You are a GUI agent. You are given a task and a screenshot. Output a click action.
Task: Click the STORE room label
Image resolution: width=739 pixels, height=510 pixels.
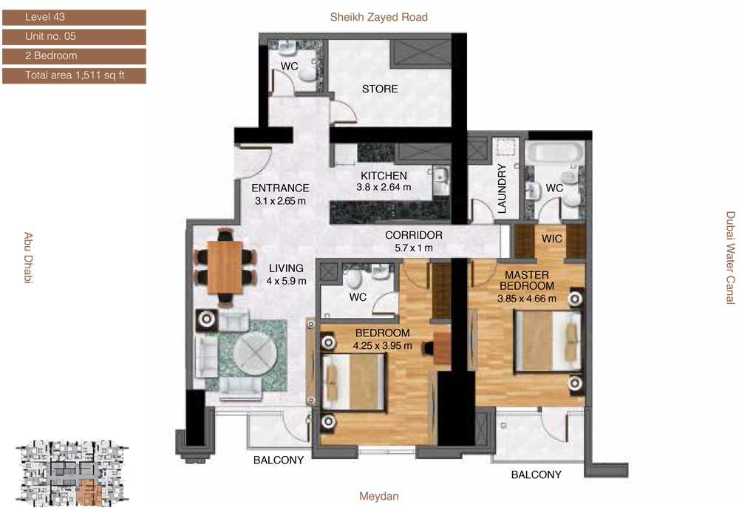click(379, 89)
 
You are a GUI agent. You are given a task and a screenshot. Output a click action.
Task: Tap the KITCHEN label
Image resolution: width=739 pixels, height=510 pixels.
click(384, 175)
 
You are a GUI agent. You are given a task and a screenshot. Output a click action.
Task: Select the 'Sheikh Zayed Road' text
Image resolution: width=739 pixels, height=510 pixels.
click(379, 18)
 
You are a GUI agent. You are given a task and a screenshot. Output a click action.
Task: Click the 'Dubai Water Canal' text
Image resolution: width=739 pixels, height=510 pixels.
click(730, 258)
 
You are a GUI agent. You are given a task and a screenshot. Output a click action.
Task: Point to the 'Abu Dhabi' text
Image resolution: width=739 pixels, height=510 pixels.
click(28, 257)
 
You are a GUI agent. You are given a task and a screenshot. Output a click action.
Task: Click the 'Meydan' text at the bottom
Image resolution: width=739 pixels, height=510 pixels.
click(379, 496)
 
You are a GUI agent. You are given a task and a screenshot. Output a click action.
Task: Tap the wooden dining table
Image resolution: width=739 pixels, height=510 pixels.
click(225, 267)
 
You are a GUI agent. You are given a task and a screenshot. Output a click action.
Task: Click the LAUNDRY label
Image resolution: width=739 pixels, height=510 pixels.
click(502, 188)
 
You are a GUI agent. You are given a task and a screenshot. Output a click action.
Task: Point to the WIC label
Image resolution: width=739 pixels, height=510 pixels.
click(551, 239)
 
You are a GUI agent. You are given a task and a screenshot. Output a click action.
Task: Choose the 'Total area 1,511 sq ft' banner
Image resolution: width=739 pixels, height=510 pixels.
click(74, 75)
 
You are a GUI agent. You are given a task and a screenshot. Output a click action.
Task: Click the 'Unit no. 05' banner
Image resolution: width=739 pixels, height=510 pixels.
click(74, 37)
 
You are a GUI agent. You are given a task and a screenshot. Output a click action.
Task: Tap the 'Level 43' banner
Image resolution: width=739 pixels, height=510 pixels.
click(74, 18)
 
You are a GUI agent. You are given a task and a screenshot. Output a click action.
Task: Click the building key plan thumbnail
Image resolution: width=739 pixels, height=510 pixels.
click(72, 473)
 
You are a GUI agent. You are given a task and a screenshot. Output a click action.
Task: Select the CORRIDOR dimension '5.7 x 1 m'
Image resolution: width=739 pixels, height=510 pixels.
click(413, 248)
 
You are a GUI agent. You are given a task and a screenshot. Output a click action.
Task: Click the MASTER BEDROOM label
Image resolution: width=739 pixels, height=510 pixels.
click(527, 280)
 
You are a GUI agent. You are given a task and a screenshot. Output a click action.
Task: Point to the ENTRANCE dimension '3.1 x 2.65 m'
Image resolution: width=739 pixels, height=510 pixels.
click(280, 201)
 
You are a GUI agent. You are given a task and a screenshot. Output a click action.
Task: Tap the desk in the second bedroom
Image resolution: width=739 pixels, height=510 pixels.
click(442, 348)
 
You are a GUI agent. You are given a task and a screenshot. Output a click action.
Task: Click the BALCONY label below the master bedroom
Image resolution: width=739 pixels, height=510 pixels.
click(537, 475)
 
